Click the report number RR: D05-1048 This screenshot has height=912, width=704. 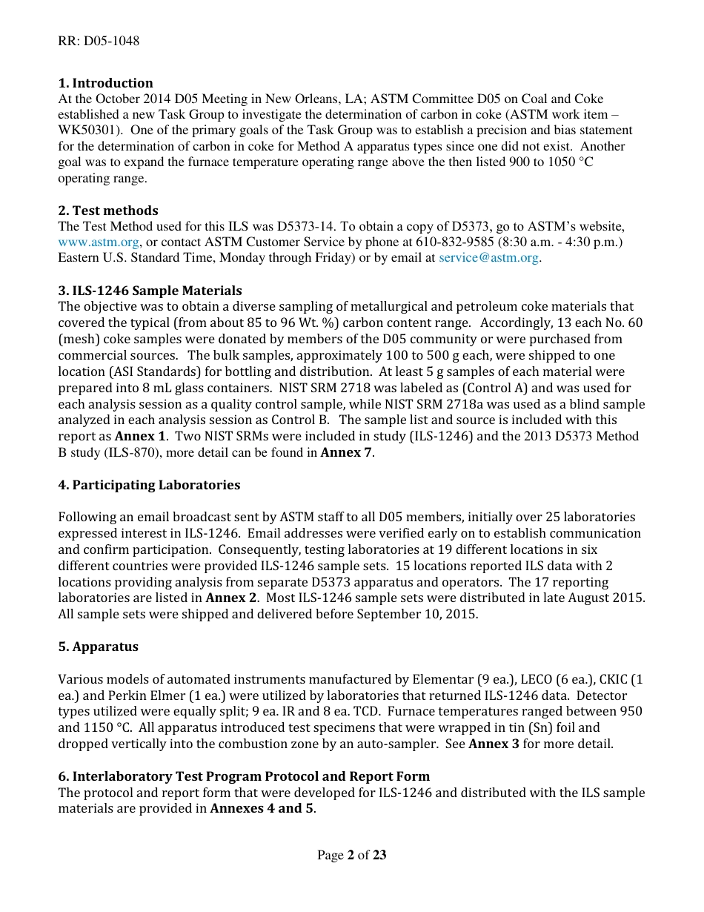(99, 41)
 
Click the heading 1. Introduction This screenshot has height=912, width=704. (105, 83)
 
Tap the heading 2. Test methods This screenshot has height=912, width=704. (108, 211)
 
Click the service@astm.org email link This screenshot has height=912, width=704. (488, 258)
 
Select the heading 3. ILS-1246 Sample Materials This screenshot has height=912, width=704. (150, 291)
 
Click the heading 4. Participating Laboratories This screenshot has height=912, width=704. (149, 485)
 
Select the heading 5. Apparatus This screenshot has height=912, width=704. (98, 647)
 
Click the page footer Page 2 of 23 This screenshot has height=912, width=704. (352, 855)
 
